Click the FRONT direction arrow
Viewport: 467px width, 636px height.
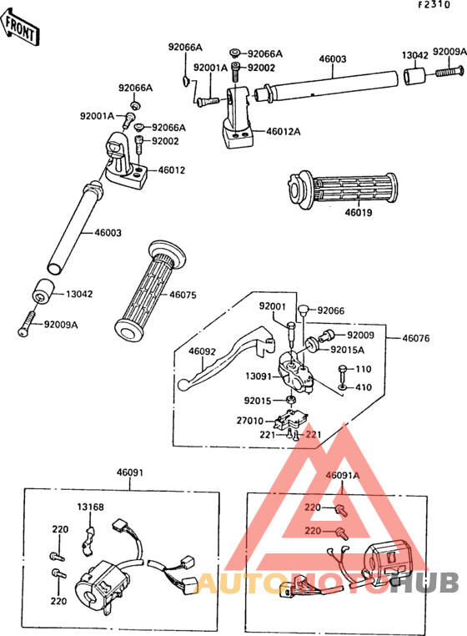click(x=20, y=28)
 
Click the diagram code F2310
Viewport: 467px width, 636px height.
click(x=434, y=5)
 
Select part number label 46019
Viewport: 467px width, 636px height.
click(x=359, y=212)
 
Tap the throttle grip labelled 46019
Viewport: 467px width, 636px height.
click(x=342, y=189)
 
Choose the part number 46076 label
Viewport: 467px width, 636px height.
click(x=416, y=338)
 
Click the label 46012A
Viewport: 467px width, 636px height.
click(x=284, y=131)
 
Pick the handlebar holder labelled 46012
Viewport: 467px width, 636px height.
click(x=125, y=161)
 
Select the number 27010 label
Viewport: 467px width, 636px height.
click(x=249, y=421)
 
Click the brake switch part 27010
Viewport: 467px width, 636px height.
click(x=291, y=420)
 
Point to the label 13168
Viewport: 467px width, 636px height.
click(x=90, y=507)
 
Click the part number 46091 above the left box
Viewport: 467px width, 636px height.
click(x=130, y=472)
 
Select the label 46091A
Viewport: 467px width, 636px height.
click(x=343, y=475)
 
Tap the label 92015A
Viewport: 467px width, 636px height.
click(x=348, y=350)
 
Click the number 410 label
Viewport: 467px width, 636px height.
click(x=364, y=387)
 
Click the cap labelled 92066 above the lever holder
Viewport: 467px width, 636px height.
click(x=304, y=310)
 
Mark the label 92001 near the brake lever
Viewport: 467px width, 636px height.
click(x=273, y=306)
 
